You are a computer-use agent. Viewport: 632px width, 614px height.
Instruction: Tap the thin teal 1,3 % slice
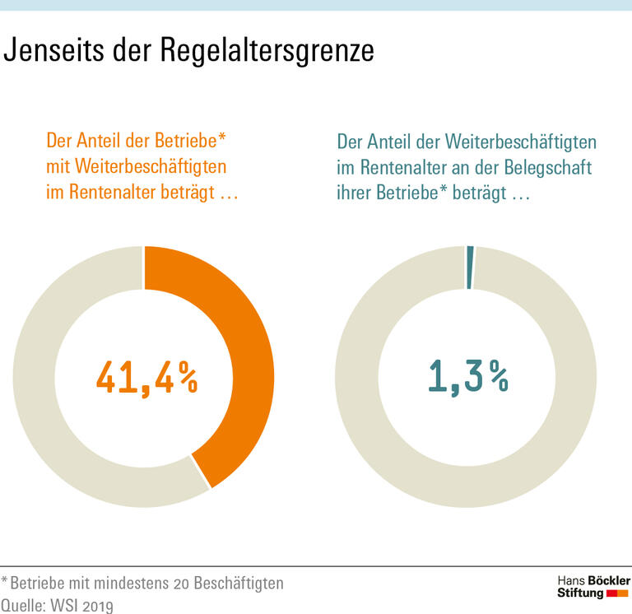pyautogui.click(x=470, y=267)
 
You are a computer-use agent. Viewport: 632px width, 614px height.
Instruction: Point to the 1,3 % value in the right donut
pyautogui.click(x=467, y=377)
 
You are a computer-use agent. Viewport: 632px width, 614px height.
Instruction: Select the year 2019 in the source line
pyautogui.click(x=95, y=605)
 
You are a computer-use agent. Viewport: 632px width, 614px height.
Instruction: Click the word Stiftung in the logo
pyautogui.click(x=580, y=593)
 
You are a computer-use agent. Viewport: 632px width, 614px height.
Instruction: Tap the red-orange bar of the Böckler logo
pyautogui.click(x=617, y=593)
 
